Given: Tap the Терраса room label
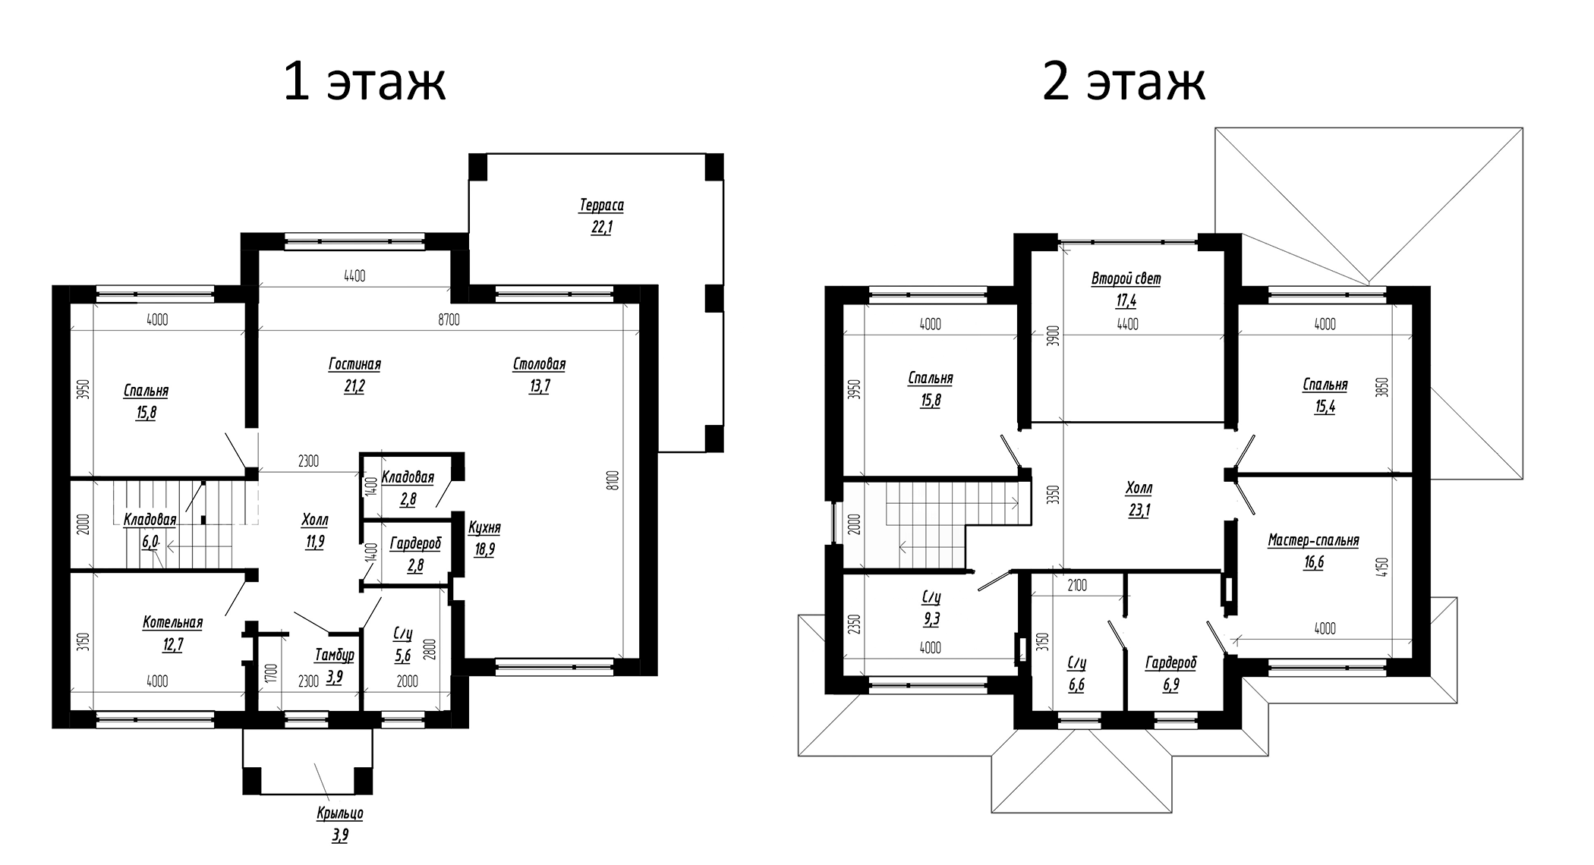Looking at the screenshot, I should pyautogui.click(x=601, y=206).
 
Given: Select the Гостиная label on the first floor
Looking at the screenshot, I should pyautogui.click(x=354, y=365).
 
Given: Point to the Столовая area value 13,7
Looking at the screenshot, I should pyautogui.click(x=540, y=386).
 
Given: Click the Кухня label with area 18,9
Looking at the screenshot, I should pyautogui.click(x=484, y=528).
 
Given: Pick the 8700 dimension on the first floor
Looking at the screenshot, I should pyautogui.click(x=449, y=320).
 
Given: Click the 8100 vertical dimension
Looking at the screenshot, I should pyautogui.click(x=614, y=480).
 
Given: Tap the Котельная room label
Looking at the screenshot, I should pyautogui.click(x=172, y=623).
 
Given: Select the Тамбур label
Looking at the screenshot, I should pyautogui.click(x=334, y=655).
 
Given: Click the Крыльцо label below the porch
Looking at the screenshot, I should pyautogui.click(x=339, y=814).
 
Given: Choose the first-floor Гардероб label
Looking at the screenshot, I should pyautogui.click(x=415, y=544).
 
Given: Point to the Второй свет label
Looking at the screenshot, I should pyautogui.click(x=1126, y=279).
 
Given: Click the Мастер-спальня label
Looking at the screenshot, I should pyautogui.click(x=1313, y=541).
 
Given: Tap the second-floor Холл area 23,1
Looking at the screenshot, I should pyautogui.click(x=1139, y=511).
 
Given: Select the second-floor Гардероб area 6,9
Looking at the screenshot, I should pyautogui.click(x=1170, y=685).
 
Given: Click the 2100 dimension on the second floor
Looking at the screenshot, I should pyautogui.click(x=1076, y=585).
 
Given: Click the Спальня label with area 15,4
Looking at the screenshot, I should pyautogui.click(x=1325, y=385).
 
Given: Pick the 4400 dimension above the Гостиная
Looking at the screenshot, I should pyautogui.click(x=354, y=276).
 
